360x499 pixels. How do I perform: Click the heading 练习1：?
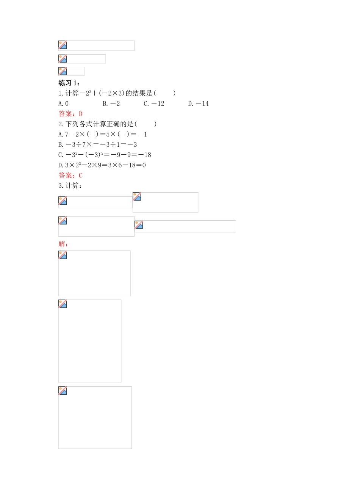tap(69, 83)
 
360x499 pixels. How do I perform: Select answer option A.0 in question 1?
tap(64, 104)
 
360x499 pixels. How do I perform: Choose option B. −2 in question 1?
tap(111, 104)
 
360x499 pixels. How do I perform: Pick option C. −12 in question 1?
tap(154, 104)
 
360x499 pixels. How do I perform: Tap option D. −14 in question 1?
tap(198, 104)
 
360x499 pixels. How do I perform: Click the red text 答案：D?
tap(70, 114)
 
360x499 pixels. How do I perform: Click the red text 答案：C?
tap(70, 175)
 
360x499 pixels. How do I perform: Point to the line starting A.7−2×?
tap(103, 134)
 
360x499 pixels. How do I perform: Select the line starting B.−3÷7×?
tap(98, 144)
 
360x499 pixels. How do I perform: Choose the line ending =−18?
tap(105, 155)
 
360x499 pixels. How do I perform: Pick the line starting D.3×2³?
tap(102, 165)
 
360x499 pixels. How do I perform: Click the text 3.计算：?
tap(70, 185)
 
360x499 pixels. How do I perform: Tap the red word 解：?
tap(63, 244)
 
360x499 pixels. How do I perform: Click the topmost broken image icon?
tap(63, 45)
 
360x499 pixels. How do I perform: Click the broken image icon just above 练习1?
tap(63, 71)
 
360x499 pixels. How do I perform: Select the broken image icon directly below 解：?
tap(63, 255)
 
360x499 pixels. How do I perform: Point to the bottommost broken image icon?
tap(63, 391)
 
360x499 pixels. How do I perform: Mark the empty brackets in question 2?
tap(146, 124)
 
